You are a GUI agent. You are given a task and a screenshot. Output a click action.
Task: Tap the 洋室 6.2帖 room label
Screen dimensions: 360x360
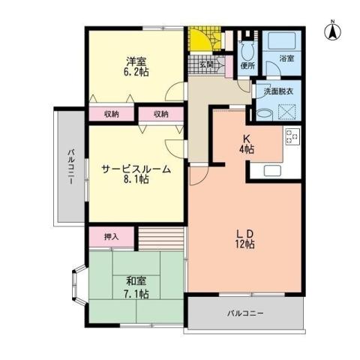(x=135, y=66)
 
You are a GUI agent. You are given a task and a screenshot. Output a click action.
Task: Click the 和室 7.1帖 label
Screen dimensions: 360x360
(x=136, y=287)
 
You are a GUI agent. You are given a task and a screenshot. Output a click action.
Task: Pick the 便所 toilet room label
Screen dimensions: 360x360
(x=248, y=66)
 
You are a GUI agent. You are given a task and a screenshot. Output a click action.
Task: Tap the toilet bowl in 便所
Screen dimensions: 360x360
(x=248, y=49)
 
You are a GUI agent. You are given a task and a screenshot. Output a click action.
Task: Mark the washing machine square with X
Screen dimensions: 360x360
(x=288, y=111)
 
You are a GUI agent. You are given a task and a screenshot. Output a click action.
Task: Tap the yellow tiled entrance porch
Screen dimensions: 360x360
(x=200, y=40)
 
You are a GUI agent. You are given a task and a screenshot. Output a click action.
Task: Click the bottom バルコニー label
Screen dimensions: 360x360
(x=245, y=313)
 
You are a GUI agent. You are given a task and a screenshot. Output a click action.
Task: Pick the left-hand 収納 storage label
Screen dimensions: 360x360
(x=112, y=115)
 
